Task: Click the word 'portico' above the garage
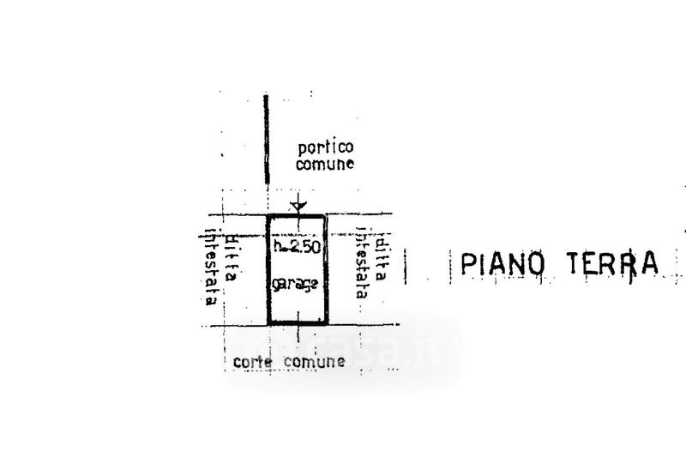325,147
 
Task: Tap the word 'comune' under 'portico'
325,165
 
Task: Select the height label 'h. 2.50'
297,248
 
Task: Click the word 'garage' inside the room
297,284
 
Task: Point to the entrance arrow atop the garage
298,205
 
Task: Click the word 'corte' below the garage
252,362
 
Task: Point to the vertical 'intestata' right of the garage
362,262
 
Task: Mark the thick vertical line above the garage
267,141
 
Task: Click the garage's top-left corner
269,216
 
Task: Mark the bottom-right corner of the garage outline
327,323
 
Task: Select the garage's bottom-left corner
269,323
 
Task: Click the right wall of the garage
327,269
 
